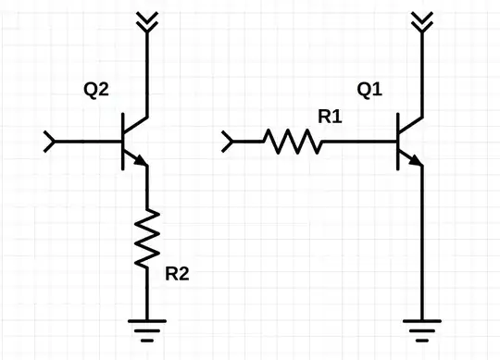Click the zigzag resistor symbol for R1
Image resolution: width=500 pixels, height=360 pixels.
293,142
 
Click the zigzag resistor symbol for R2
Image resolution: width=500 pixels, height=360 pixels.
146,239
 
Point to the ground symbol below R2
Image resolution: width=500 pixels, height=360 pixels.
146,326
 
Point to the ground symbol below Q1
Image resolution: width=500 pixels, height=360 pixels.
421,326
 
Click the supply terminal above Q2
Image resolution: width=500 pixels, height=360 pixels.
146,22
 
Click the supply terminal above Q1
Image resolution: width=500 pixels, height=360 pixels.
421,22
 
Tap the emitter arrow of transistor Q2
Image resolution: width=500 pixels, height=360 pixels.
141,161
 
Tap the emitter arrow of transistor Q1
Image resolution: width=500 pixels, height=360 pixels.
416,161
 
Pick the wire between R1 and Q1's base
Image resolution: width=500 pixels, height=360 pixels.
359,142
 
